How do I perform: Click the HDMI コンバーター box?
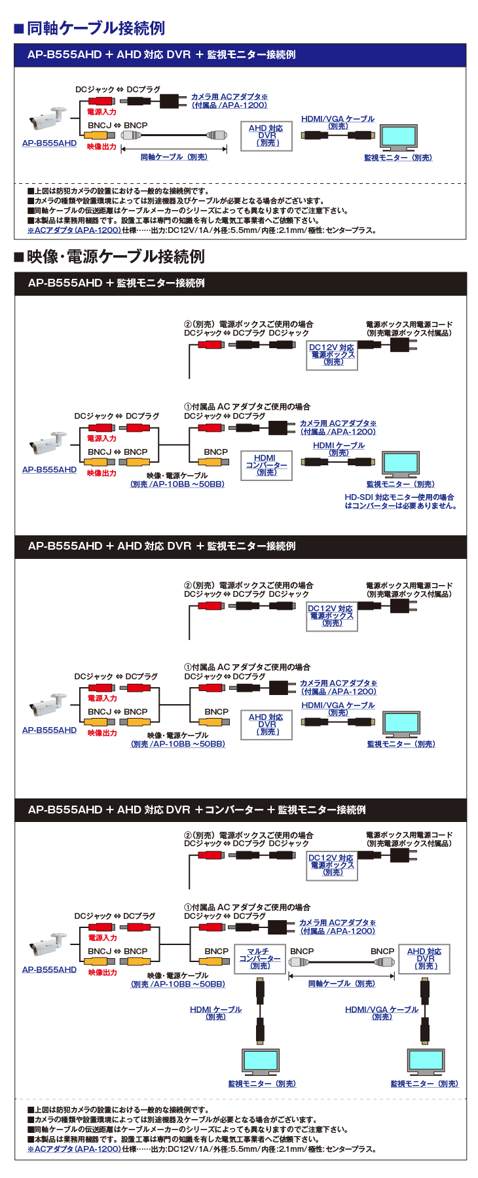click(x=266, y=465)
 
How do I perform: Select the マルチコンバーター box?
click(x=260, y=959)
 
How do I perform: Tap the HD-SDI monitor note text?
click(x=400, y=501)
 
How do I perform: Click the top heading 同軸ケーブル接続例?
click(x=96, y=28)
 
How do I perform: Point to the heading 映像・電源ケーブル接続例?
click(x=116, y=257)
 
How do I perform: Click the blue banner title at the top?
click(x=161, y=55)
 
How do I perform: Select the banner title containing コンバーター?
click(x=196, y=810)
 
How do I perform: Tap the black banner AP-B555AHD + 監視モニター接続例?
click(x=117, y=283)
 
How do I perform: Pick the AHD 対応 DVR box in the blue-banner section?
click(x=266, y=135)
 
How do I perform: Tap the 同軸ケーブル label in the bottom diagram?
click(x=341, y=984)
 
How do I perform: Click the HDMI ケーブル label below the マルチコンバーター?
click(x=215, y=1012)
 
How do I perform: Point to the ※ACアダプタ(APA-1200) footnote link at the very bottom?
click(x=74, y=1149)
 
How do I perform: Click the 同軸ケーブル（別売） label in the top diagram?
click(x=174, y=157)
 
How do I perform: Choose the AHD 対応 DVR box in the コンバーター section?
click(x=424, y=959)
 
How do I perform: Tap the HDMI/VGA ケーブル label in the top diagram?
click(x=338, y=122)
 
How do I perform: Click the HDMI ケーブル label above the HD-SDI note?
click(x=339, y=448)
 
